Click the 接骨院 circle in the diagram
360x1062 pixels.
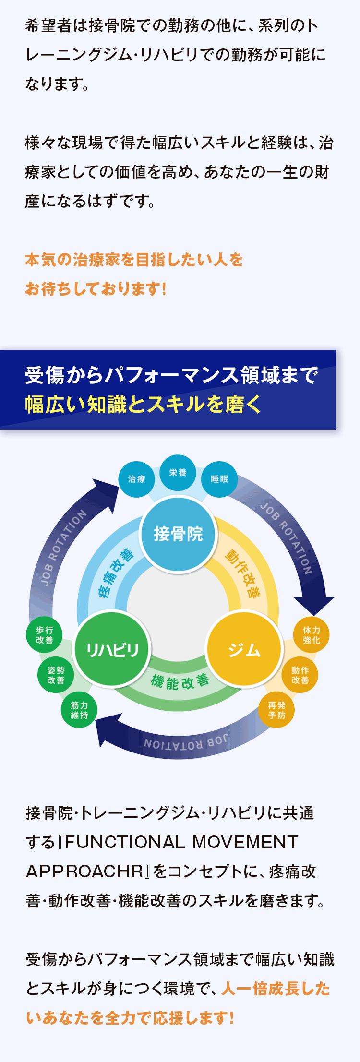[178, 534]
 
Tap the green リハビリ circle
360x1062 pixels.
[112, 649]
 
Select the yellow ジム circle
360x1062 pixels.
[244, 649]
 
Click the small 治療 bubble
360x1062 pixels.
[137, 479]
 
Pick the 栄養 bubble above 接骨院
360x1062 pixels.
[178, 473]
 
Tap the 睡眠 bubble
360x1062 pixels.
[219, 479]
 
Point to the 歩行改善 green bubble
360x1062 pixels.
[44, 635]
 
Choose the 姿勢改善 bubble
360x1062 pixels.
[56, 675]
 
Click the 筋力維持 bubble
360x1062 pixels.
[79, 710]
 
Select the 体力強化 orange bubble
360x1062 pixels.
[312, 635]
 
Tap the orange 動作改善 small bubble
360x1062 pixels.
[300, 675]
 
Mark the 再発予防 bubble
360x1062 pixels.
[277, 710]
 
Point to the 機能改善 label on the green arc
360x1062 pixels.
[180, 681]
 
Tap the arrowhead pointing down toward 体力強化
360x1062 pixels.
[314, 606]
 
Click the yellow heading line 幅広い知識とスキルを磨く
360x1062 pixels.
[143, 405]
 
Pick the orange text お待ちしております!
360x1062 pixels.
[96, 289]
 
